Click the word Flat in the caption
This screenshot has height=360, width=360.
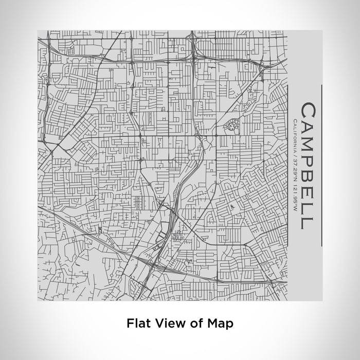138,323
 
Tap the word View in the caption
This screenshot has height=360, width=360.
167,323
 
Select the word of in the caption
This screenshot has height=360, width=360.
192,323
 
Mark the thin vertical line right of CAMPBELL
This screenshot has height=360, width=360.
321,165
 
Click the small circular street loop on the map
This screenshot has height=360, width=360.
230,124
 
